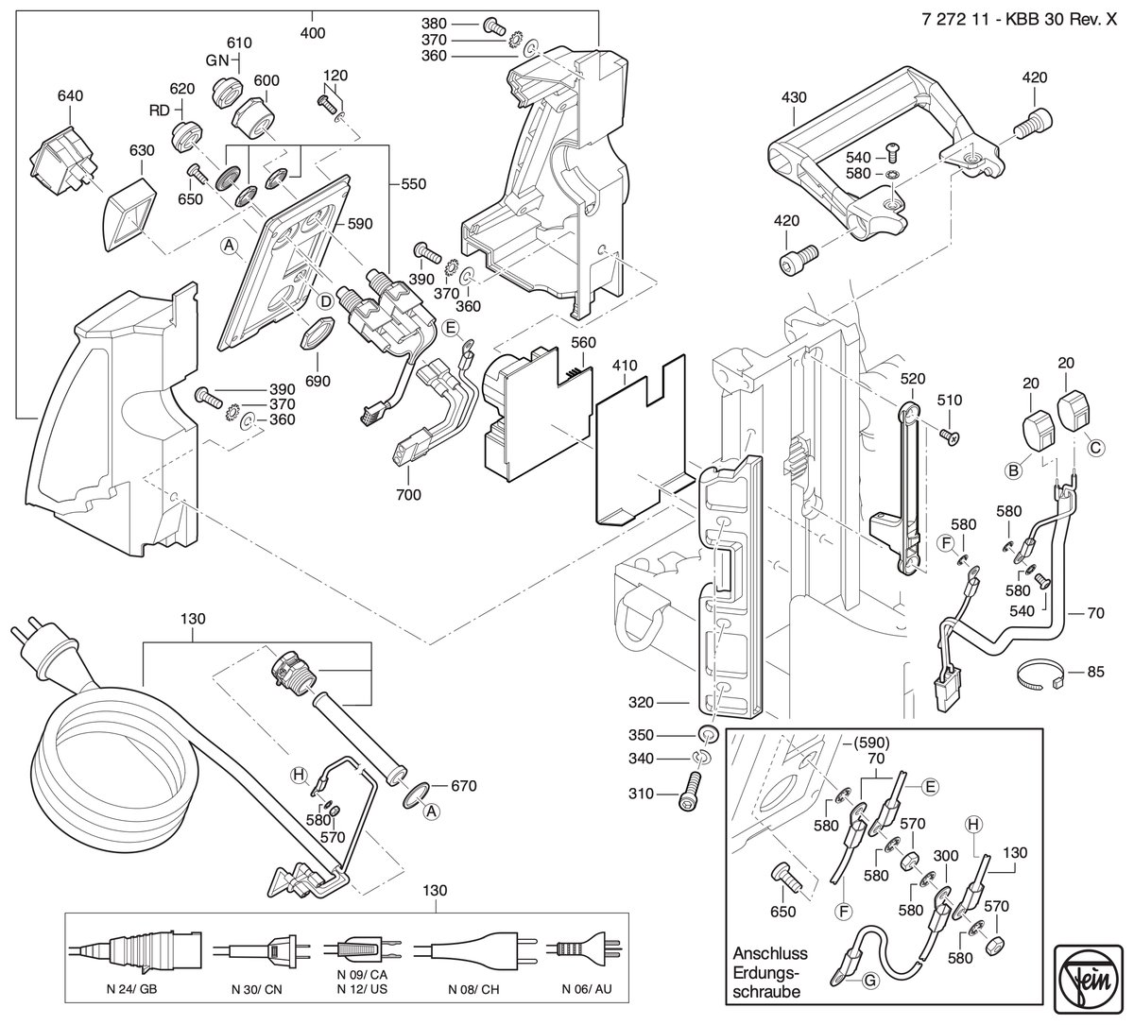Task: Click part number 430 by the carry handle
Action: tap(794, 97)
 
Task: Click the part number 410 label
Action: tap(624, 367)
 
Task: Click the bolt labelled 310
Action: tap(694, 794)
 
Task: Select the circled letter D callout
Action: tap(326, 301)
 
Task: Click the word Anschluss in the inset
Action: tap(770, 953)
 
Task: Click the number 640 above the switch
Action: tap(70, 95)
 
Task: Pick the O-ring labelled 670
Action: tap(417, 794)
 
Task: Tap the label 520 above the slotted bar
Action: tap(913, 379)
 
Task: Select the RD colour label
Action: tap(160, 111)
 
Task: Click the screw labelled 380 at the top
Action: tap(493, 25)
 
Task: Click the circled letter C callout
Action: tap(1095, 448)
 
